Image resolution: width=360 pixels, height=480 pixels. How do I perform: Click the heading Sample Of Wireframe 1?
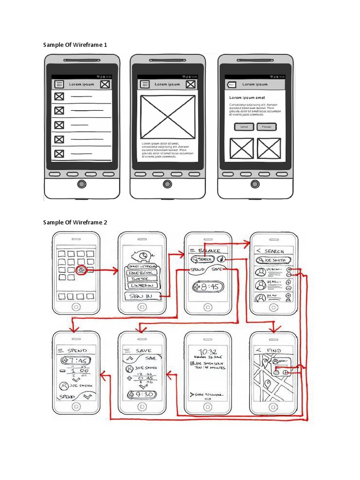click(x=75, y=45)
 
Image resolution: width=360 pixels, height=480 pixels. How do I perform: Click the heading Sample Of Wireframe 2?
click(x=75, y=222)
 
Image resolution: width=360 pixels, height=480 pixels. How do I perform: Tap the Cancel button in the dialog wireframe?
click(x=244, y=127)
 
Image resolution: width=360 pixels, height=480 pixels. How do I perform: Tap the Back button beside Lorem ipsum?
click(x=231, y=85)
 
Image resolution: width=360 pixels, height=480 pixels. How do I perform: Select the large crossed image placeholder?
click(x=167, y=117)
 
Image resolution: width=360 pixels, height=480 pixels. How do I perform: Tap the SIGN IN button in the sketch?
click(x=142, y=296)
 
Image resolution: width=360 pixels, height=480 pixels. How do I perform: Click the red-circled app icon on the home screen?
click(x=81, y=270)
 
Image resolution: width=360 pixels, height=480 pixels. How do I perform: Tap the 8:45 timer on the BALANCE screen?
click(x=208, y=286)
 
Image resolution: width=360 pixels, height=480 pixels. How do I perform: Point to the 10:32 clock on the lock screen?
click(x=207, y=352)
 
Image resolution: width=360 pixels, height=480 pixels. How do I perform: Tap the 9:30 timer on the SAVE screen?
click(x=142, y=394)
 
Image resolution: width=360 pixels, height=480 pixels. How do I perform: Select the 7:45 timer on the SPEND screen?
click(x=76, y=360)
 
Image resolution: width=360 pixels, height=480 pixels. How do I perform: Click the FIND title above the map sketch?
click(x=274, y=350)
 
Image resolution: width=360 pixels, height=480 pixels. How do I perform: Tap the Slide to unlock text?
click(x=207, y=395)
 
